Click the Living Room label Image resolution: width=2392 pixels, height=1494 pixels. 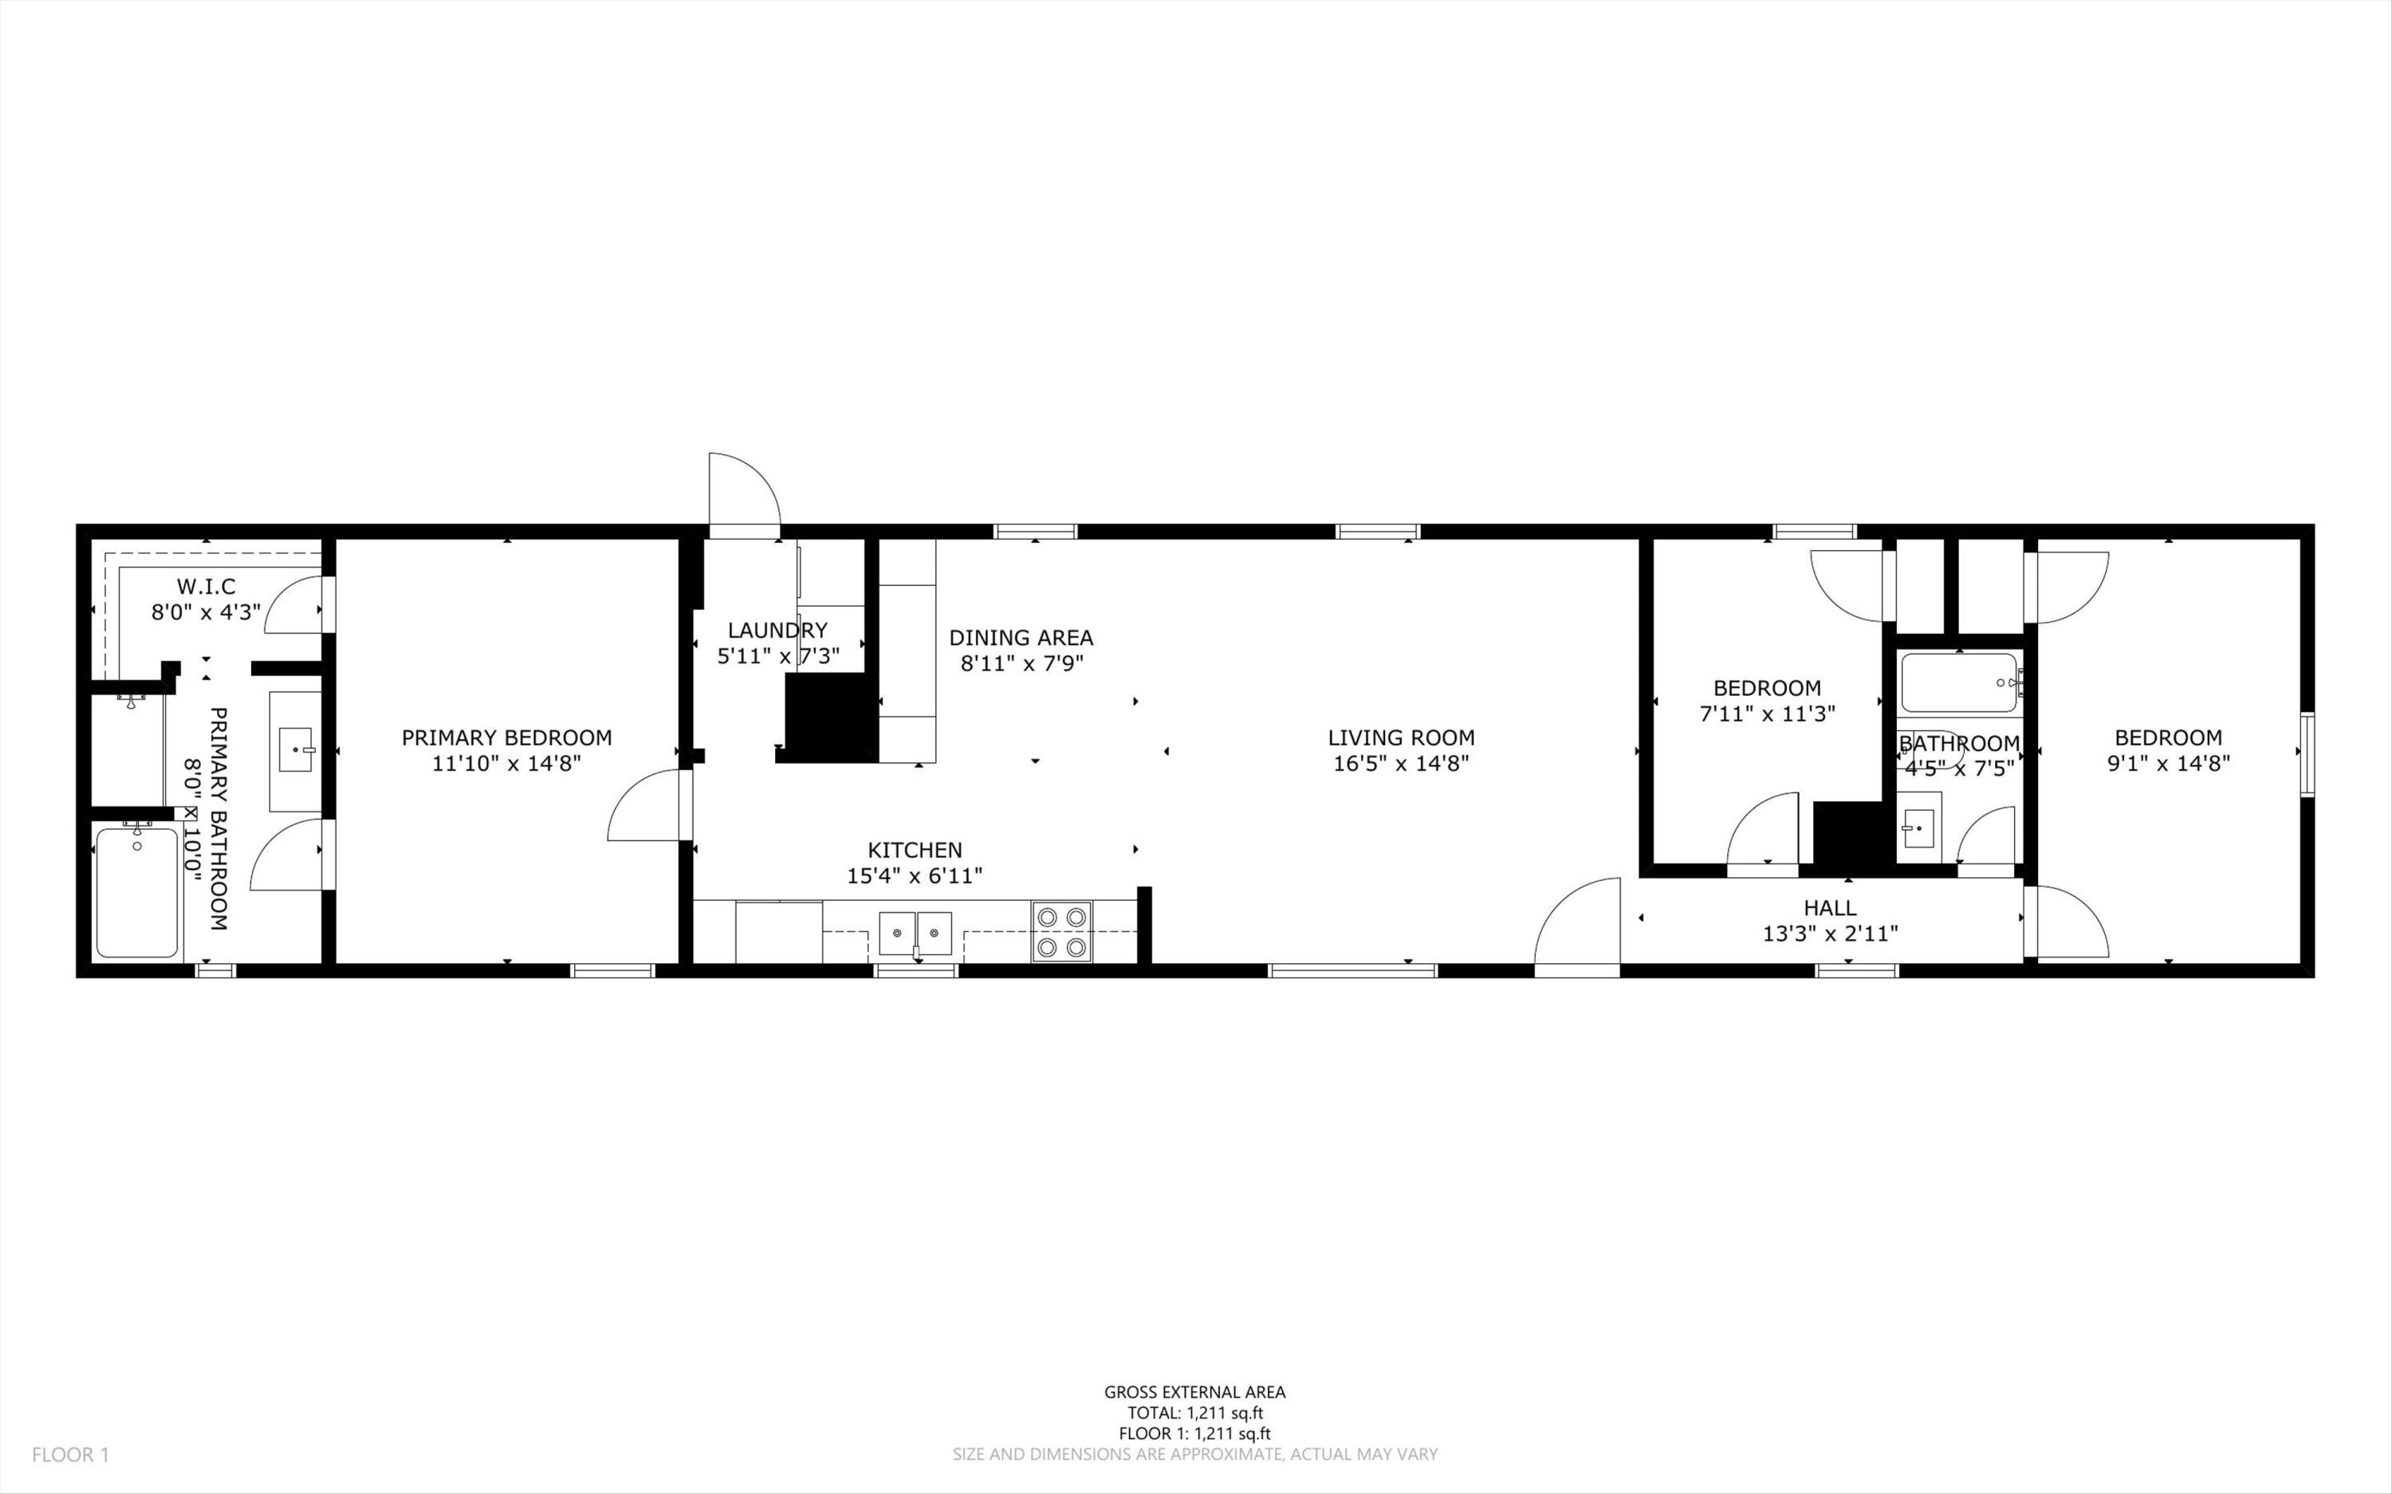point(1400,737)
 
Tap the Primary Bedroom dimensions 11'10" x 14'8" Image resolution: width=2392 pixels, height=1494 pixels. point(506,764)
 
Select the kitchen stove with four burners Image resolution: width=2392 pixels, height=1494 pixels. point(1062,932)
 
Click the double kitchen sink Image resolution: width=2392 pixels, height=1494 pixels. point(916,933)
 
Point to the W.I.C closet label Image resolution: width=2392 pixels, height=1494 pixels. point(207,587)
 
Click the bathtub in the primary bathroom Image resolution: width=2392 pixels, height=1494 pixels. point(137,892)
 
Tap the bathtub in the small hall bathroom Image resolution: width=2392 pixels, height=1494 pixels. point(1957,682)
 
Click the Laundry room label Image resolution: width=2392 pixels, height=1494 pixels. point(777,631)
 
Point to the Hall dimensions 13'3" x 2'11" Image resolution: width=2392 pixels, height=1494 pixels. point(1830,934)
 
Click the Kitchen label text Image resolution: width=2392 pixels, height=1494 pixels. point(914,850)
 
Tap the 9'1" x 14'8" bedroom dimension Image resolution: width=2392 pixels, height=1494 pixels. point(2168,764)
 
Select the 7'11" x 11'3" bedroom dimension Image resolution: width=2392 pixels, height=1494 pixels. point(1767,714)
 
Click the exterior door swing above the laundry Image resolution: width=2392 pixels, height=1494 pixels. point(743,492)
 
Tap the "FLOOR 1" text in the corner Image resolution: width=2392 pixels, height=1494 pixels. point(70,1454)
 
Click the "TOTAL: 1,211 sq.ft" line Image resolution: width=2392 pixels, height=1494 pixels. point(1194,1413)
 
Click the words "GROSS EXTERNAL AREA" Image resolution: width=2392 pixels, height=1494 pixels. point(1194,1392)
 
